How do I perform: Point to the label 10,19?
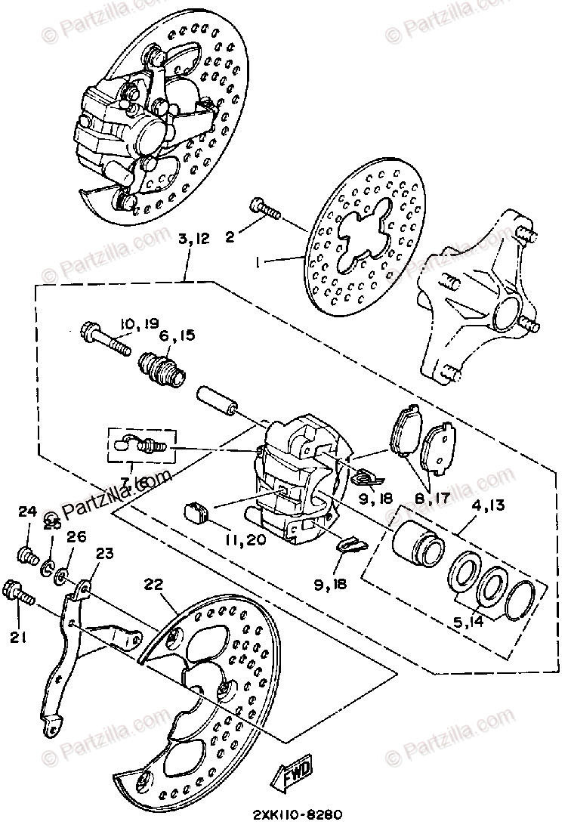coord(139,324)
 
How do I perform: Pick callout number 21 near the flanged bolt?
coord(20,637)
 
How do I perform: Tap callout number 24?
coord(27,512)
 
